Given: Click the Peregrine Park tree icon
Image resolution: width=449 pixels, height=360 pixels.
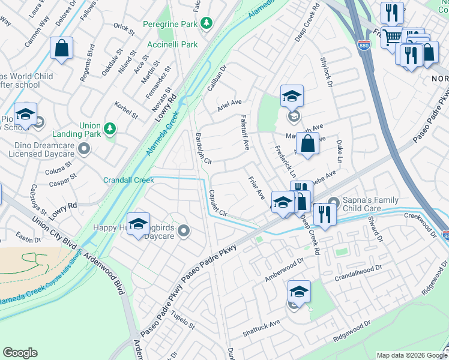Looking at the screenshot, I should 206,23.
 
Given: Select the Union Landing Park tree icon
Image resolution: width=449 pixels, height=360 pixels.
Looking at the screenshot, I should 109,128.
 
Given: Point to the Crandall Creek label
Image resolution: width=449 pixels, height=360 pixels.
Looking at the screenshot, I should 128,180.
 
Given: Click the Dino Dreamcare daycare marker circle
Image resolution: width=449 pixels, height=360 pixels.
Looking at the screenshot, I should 84,148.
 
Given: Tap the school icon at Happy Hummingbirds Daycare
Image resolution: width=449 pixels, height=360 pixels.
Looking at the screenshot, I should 139,224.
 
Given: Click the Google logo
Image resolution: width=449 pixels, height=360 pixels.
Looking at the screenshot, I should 20,353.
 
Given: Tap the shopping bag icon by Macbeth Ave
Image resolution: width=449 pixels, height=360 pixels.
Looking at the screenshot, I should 307,144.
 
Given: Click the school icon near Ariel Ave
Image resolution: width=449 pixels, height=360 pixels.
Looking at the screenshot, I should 292,95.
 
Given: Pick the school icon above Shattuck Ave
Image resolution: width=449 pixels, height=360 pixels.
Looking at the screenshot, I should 299,291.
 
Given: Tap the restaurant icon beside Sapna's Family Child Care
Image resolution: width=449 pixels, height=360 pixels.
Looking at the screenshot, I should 325,214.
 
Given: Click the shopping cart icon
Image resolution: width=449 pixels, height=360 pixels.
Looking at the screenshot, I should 391,37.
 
